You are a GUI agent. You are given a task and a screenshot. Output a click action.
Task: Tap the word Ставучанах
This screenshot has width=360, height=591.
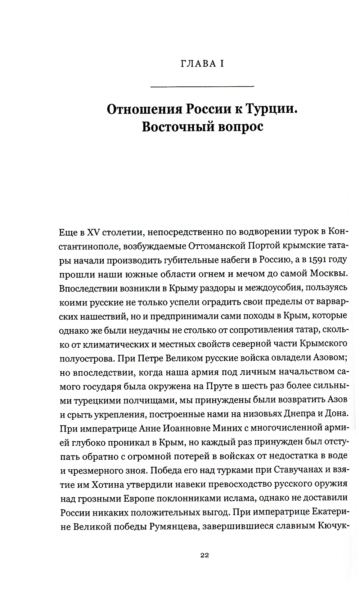coord(299,470)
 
